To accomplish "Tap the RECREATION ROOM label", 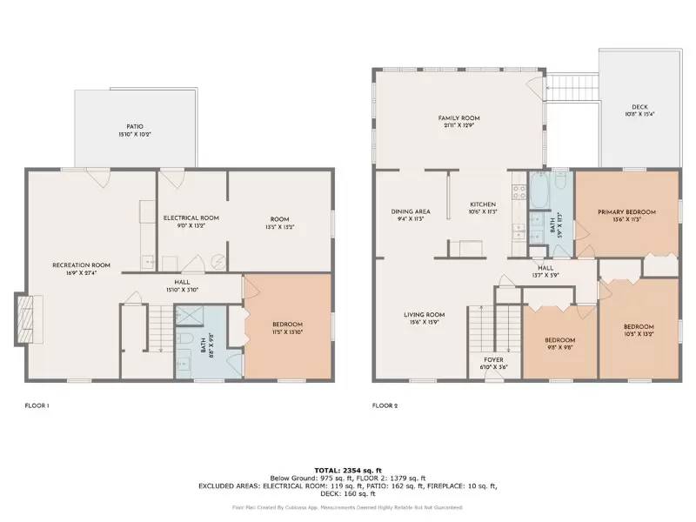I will (x=81, y=264).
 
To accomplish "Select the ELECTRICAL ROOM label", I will (x=191, y=217).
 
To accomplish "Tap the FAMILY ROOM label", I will (x=458, y=118).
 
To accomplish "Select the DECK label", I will (x=639, y=107).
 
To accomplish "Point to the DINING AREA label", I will (x=411, y=211).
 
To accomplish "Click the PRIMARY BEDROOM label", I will (x=626, y=212).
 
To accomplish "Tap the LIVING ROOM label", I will (x=424, y=315).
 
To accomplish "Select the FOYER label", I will (x=493, y=359).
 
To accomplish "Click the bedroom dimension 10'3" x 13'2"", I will (x=639, y=334).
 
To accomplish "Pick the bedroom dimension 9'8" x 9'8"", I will (x=559, y=347).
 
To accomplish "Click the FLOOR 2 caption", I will (x=385, y=405).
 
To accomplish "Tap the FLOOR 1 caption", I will (x=37, y=405).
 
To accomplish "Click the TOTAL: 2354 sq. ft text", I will (x=348, y=469).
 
